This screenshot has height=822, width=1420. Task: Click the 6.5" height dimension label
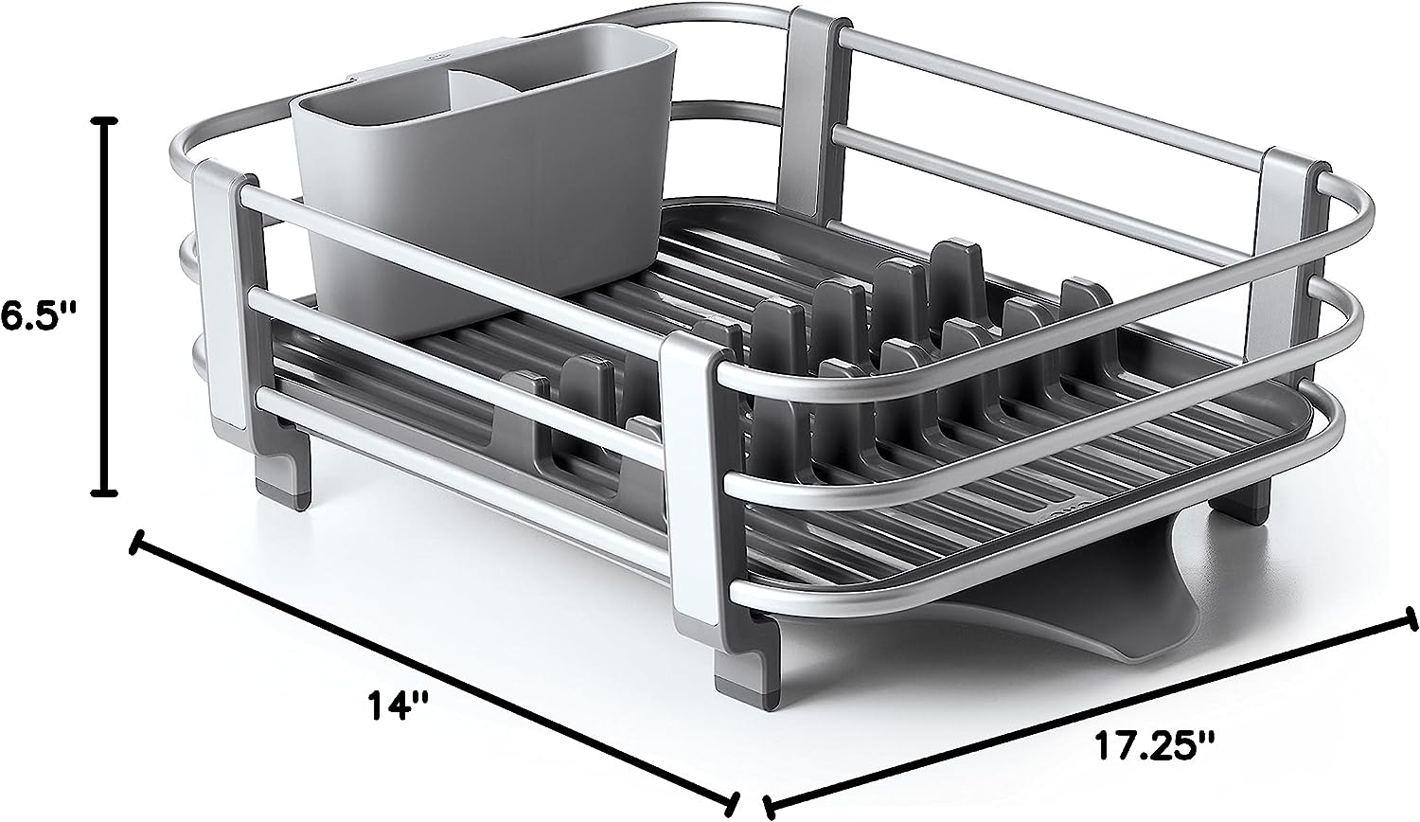pos(39,316)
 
